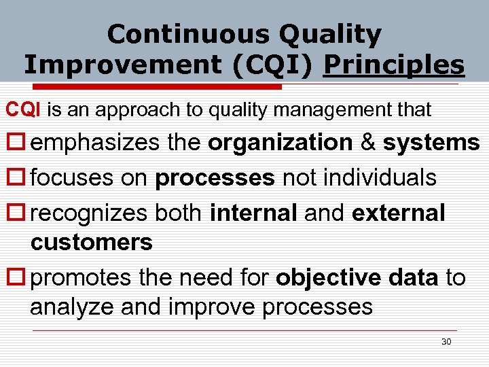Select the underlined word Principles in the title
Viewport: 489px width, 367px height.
point(394,65)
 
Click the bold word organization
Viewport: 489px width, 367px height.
point(280,143)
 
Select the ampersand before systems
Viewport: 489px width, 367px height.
point(367,143)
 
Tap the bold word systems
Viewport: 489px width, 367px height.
point(431,143)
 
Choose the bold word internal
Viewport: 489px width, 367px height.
point(253,213)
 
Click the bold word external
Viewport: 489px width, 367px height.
point(398,213)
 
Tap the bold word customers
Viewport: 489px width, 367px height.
point(91,243)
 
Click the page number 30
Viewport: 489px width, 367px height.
point(446,341)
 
